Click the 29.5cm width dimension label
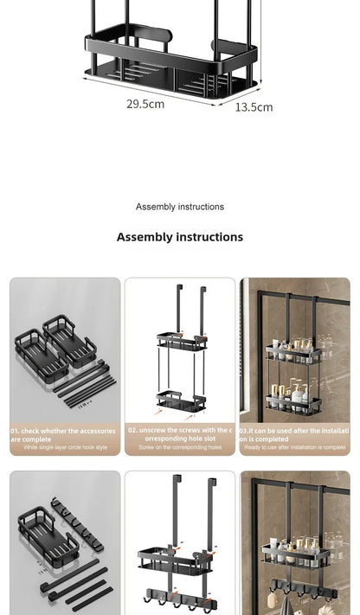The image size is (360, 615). click(145, 104)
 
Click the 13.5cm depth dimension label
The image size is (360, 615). click(254, 107)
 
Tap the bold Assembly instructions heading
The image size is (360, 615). click(180, 237)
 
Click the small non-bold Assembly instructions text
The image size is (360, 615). click(180, 207)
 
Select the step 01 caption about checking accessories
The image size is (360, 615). click(62, 434)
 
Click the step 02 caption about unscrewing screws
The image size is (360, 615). click(180, 434)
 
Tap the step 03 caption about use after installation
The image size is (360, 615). click(295, 434)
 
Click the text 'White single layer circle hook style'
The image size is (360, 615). click(65, 447)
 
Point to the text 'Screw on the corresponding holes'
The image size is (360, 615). click(180, 447)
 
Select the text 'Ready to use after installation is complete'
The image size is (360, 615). click(295, 447)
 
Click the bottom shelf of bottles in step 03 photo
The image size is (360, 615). click(294, 400)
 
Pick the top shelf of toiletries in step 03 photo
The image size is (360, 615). click(294, 350)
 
